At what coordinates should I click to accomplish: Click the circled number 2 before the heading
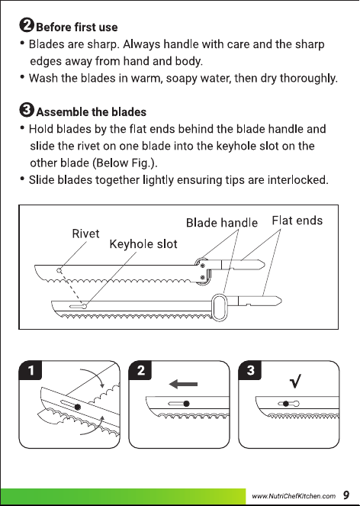[x=27, y=25]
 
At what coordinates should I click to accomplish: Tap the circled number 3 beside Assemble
[x=27, y=110]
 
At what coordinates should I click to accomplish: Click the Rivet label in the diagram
[x=85, y=234]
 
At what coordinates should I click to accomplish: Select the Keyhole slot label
[x=143, y=244]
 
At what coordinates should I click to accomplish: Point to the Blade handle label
[x=222, y=223]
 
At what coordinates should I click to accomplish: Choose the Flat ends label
[x=297, y=221]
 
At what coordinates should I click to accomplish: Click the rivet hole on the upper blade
[x=59, y=270]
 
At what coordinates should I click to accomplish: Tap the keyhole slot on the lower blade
[x=78, y=306]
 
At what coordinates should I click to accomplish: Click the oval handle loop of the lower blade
[x=220, y=307]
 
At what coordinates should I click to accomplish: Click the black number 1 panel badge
[x=31, y=370]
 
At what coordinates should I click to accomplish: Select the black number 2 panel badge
[x=140, y=370]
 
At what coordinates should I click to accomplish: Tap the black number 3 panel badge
[x=250, y=370]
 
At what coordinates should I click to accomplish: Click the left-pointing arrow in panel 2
[x=183, y=384]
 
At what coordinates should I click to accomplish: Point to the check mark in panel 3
[x=295, y=381]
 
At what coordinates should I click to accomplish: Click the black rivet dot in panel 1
[x=78, y=408]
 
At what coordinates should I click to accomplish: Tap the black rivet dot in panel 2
[x=186, y=404]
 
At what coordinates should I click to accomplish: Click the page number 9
[x=346, y=495]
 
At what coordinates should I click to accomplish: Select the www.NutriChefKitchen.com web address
[x=294, y=496]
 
